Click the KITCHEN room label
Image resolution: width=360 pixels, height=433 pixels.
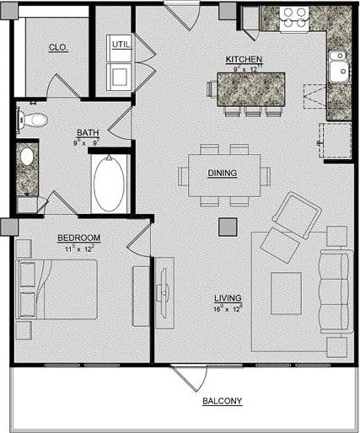244,59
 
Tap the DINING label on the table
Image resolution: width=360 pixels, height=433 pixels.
223,174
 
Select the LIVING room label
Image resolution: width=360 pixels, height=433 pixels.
228,298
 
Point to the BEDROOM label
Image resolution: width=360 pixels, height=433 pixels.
79,238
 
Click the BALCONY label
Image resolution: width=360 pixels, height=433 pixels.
223,400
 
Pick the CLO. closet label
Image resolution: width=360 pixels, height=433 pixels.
58,48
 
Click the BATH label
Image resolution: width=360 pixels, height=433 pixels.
88,132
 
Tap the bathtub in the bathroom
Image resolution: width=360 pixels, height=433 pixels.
109,184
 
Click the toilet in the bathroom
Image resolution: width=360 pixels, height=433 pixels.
31,120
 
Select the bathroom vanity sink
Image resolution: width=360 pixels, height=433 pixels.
26,156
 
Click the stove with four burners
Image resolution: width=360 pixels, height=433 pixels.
293,18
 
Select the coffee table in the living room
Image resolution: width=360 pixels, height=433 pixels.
286,293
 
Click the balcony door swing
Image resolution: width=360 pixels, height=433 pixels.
187,377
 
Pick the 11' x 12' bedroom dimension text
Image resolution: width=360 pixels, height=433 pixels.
79,249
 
